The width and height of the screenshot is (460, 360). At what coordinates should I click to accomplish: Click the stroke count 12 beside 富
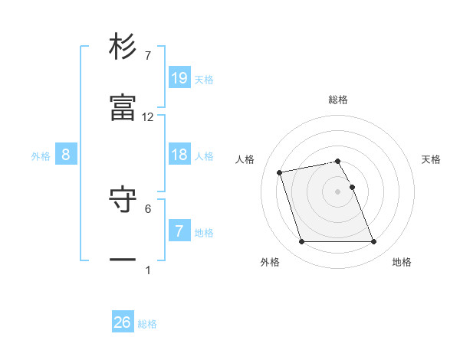click(x=148, y=117)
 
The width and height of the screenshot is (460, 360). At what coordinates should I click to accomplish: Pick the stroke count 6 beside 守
click(x=148, y=208)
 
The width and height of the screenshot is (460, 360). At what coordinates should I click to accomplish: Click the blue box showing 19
click(x=179, y=77)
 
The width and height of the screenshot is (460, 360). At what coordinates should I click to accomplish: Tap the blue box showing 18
click(x=179, y=154)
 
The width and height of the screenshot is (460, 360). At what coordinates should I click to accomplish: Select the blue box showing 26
click(x=123, y=322)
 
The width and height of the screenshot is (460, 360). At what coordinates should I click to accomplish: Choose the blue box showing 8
click(x=66, y=155)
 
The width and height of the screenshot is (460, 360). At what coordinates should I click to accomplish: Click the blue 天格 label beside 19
click(x=204, y=79)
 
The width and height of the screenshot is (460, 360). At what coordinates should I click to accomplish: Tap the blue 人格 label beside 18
click(x=204, y=155)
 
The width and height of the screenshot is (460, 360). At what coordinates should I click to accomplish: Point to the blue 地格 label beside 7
click(x=204, y=232)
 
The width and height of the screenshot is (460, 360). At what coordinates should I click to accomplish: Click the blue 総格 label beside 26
click(x=147, y=324)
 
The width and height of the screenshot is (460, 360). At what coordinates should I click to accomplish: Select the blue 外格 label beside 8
click(x=41, y=155)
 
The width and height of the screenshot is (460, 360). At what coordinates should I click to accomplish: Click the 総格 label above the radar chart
click(x=338, y=100)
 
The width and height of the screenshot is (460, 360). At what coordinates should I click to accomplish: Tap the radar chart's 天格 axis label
click(x=432, y=159)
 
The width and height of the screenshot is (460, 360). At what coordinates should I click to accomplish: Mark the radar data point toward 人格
click(x=280, y=172)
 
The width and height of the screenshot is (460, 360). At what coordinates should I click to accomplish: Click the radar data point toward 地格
click(x=373, y=242)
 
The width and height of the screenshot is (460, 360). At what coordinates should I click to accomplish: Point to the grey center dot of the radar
click(x=338, y=191)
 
